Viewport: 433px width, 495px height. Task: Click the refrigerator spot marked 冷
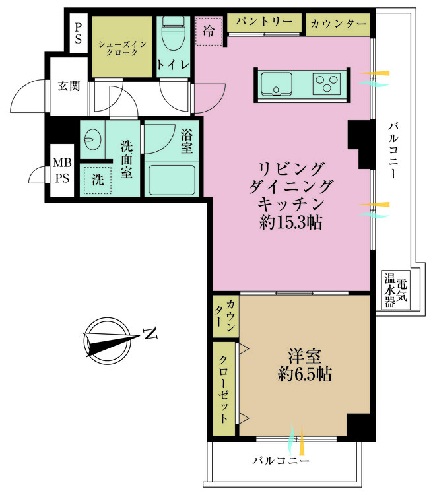pos(209,31)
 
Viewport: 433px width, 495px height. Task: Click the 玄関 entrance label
pos(68,86)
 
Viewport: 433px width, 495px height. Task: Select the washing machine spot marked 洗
pos(96,179)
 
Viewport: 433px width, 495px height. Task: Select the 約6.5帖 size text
pos(304,374)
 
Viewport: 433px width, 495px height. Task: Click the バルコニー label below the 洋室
pos(281,460)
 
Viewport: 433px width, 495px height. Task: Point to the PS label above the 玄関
pos(79,33)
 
